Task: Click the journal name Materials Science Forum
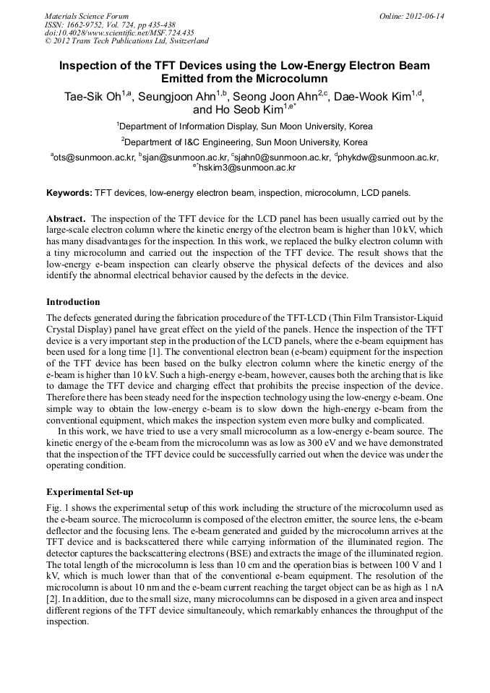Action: coord(87,16)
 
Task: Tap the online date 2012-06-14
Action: coord(423,16)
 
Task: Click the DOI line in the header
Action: coord(119,33)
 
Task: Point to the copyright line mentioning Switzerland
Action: coord(126,41)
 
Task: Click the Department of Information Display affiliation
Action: coord(246,126)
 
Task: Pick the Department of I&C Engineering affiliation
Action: coord(246,142)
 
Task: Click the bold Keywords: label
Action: coord(69,193)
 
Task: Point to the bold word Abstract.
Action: coord(66,218)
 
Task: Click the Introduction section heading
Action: coord(73,301)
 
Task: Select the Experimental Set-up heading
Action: coord(90,491)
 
